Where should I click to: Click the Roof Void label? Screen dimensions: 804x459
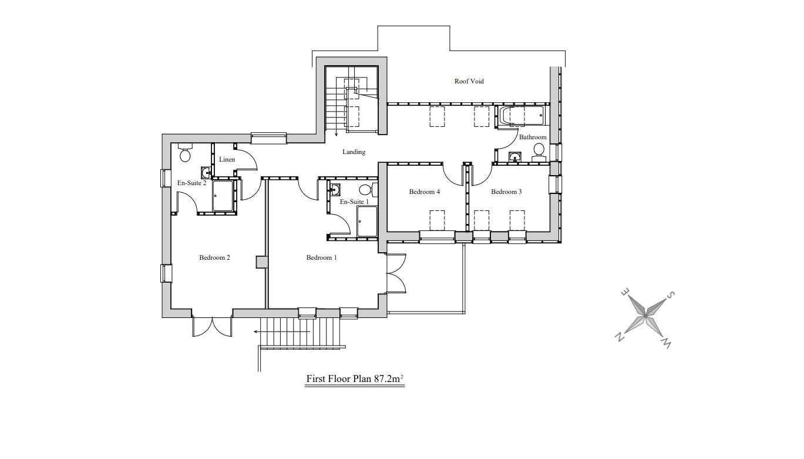tap(469, 81)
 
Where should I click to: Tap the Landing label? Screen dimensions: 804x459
tap(354, 152)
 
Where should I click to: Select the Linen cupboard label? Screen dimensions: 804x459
tap(227, 159)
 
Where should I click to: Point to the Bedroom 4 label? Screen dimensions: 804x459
tap(424, 192)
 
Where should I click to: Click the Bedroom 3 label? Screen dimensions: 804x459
tap(506, 192)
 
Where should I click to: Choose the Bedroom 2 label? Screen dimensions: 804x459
tap(214, 257)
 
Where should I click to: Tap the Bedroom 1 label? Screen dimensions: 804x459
tap(321, 257)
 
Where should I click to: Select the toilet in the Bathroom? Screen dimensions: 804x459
tap(539, 152)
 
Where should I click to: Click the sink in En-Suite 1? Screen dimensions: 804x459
tap(335, 189)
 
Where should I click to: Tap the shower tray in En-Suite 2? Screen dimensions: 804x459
tap(223, 196)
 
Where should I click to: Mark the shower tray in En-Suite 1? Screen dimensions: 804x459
tap(367, 221)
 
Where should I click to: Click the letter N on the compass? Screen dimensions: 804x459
tap(620, 337)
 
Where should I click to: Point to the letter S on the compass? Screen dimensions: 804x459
tap(670, 295)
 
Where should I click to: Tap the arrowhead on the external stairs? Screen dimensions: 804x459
tap(256, 332)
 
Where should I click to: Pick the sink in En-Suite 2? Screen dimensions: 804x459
tap(206, 172)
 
